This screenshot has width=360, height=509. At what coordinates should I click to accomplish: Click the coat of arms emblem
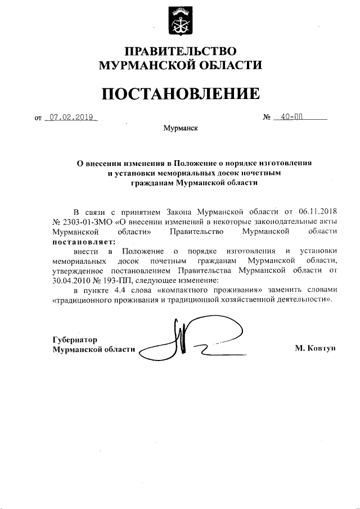tap(179, 19)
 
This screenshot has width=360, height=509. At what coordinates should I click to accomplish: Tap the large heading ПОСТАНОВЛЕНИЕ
tap(180, 93)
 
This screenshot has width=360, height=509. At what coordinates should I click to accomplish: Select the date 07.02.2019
tap(71, 118)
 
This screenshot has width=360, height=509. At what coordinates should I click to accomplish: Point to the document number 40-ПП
tap(292, 118)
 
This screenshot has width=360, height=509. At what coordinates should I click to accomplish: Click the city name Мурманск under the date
tap(180, 128)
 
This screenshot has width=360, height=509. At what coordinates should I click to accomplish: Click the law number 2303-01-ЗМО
tap(83, 221)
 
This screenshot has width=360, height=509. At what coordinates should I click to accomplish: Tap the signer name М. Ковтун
tap(314, 349)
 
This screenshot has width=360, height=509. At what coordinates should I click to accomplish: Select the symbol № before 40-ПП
tap(267, 118)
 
